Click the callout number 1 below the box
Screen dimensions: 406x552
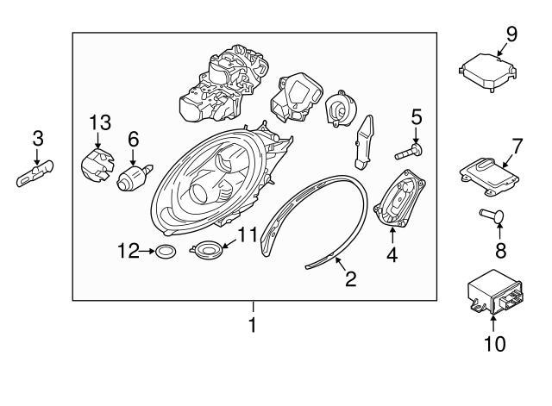click(253, 326)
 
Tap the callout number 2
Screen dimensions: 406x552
click(349, 278)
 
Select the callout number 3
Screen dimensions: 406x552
click(37, 137)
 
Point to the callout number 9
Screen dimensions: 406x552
click(511, 34)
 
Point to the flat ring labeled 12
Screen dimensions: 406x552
click(165, 252)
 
